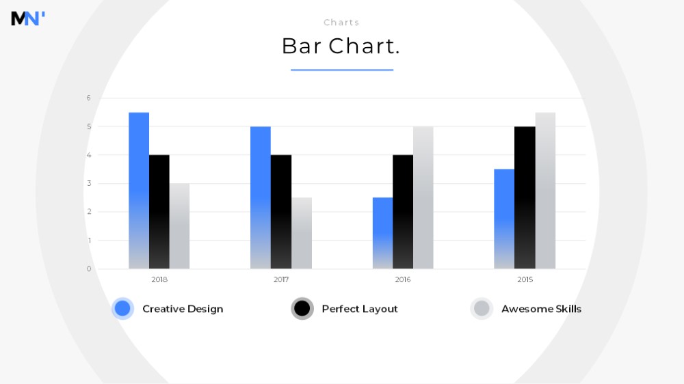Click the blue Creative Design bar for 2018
pos(139,191)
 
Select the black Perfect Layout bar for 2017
pos(281,212)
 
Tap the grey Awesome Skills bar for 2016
pos(423,197)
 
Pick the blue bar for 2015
pos(504,219)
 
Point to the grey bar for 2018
pos(179,226)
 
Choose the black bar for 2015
pos(525,197)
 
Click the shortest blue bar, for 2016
pos(382,233)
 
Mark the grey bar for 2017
pos(302,233)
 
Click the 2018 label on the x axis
pos(159,280)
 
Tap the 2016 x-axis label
pos(403,280)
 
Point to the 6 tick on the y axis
pos(88,98)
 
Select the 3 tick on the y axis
pos(89,183)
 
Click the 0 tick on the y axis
pos(89,269)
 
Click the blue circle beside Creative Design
pos(122,309)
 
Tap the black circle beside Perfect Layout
pos(302,309)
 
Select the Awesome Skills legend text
pos(541,309)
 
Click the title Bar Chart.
pos(341,46)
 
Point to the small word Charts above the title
pos(341,23)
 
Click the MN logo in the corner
pos(28,18)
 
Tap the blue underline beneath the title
pos(342,70)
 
